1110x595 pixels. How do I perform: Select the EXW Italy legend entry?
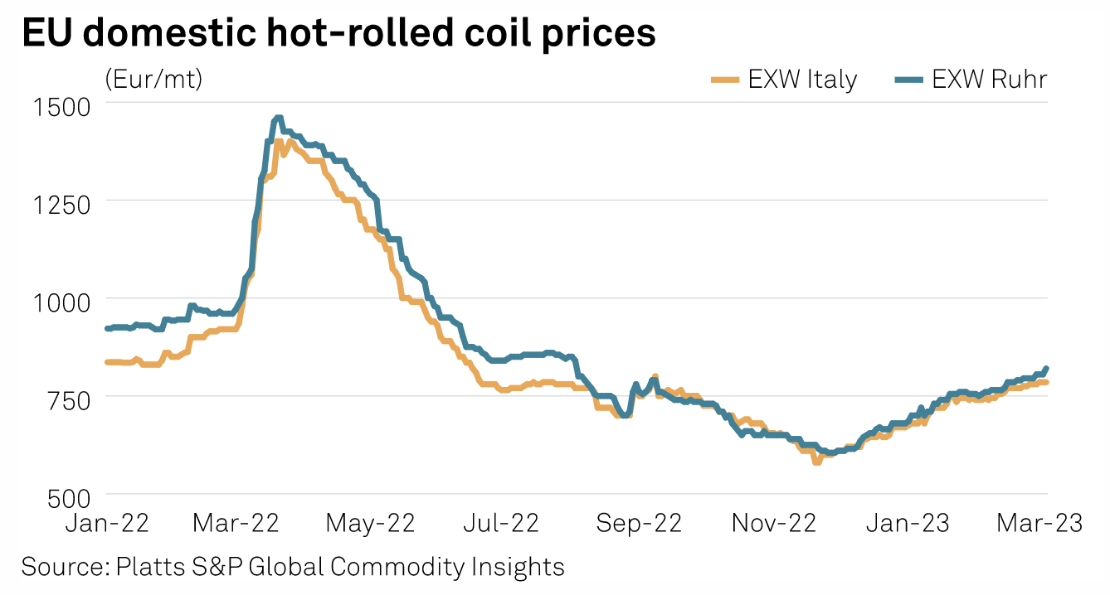pyautogui.click(x=784, y=80)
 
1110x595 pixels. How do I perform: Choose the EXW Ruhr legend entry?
pyautogui.click(x=971, y=80)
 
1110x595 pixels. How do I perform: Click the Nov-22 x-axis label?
pyautogui.click(x=774, y=523)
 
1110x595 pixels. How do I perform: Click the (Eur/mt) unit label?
pyautogui.click(x=154, y=80)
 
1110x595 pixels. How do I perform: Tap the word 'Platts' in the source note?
pyautogui.click(x=146, y=567)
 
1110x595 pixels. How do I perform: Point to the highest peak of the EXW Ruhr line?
pyautogui.click(x=278, y=119)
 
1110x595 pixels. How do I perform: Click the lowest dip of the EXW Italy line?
pyautogui.click(x=816, y=462)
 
